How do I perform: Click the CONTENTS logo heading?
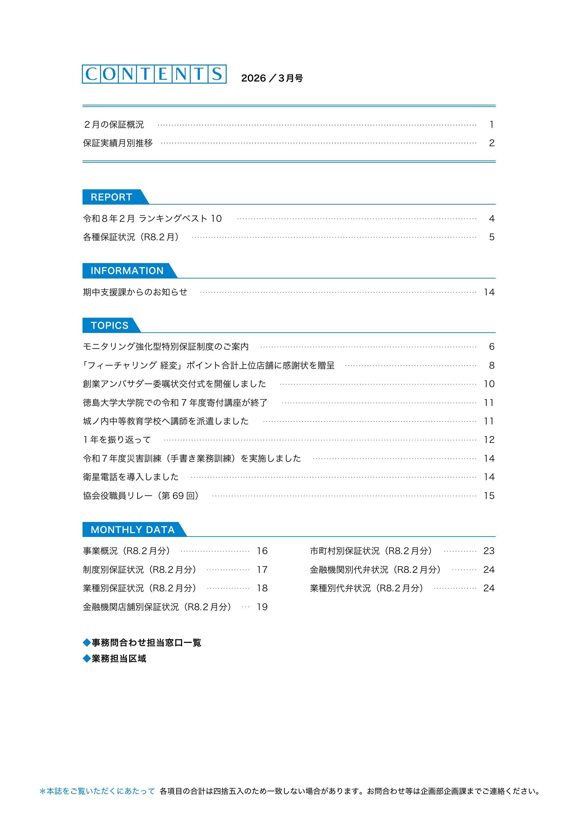(x=154, y=74)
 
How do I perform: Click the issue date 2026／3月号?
(x=272, y=78)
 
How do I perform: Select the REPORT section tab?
(x=111, y=197)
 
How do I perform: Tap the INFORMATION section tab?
(x=127, y=271)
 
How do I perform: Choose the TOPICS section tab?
(x=109, y=325)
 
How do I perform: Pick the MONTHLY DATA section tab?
(x=132, y=530)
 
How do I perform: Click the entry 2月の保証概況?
(x=114, y=125)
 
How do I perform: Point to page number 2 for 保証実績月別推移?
(x=492, y=143)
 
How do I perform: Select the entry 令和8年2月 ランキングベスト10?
(x=152, y=219)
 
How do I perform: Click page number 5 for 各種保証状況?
(x=492, y=237)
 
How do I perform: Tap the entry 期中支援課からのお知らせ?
(x=135, y=292)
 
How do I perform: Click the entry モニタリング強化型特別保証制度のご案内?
(x=166, y=347)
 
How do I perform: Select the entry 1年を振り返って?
(x=117, y=440)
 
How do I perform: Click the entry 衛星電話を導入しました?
(x=131, y=477)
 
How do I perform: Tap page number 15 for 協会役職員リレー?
(x=489, y=496)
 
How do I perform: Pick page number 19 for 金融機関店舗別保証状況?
(x=262, y=607)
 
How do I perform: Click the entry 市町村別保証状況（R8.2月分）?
(x=371, y=551)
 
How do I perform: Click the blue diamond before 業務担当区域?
(x=87, y=659)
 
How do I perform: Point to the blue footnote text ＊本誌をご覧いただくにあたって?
(x=97, y=801)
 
